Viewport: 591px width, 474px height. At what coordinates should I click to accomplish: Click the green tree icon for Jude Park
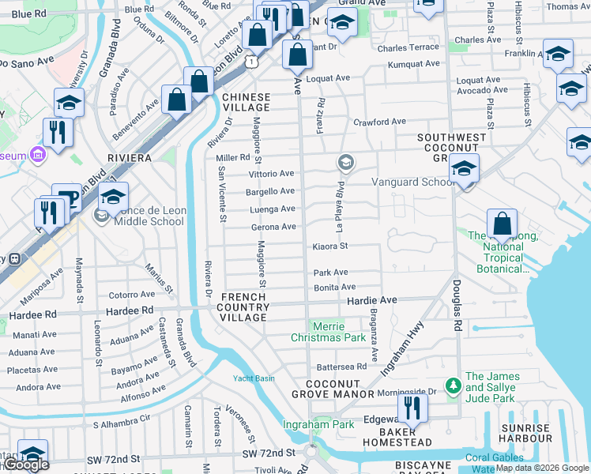click(x=453, y=386)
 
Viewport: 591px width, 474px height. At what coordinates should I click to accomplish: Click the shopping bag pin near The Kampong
click(x=501, y=225)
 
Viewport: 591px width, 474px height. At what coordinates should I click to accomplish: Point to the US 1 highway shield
click(x=250, y=61)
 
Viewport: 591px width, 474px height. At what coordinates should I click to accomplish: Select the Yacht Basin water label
click(x=253, y=378)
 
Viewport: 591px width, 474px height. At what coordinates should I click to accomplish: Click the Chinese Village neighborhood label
click(x=246, y=103)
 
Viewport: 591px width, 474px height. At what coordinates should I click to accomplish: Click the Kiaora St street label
click(x=330, y=246)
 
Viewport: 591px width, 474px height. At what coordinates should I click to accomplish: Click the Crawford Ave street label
click(x=379, y=122)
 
